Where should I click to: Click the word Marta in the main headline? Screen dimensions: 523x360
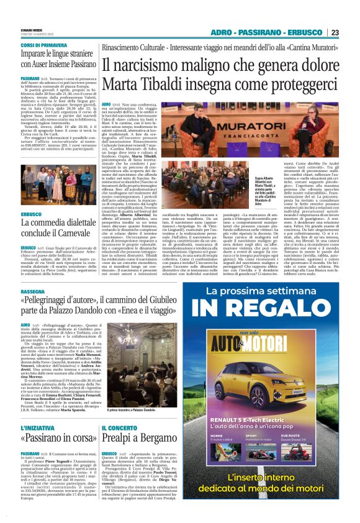pyautogui.click(x=124, y=82)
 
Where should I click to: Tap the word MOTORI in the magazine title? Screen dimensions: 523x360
pyautogui.click(x=285, y=340)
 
